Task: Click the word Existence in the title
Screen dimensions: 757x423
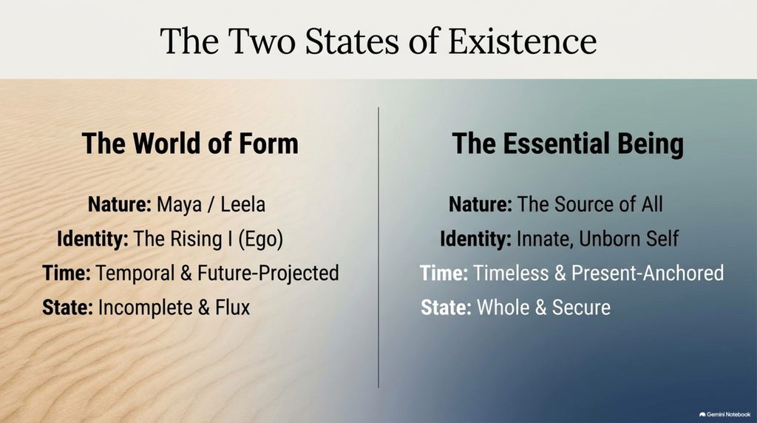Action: [x=523, y=41]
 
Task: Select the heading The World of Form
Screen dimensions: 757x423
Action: [x=190, y=143]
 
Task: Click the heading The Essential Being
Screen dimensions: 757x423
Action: [x=568, y=144]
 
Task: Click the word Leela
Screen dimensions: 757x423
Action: [x=242, y=204]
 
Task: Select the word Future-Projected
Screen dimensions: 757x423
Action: [x=268, y=274]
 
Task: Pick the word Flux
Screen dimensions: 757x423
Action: [x=233, y=307]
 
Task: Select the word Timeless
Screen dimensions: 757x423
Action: [x=511, y=273]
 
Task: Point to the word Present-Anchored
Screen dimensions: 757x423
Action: [x=648, y=273]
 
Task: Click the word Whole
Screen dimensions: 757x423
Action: [x=503, y=307]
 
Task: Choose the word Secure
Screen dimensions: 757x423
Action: [x=581, y=307]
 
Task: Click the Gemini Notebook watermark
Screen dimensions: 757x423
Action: [x=724, y=414]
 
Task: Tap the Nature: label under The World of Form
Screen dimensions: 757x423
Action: [x=120, y=204]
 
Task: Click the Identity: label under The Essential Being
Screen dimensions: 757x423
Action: [x=475, y=239]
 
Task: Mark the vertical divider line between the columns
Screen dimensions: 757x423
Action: [x=378, y=247]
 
